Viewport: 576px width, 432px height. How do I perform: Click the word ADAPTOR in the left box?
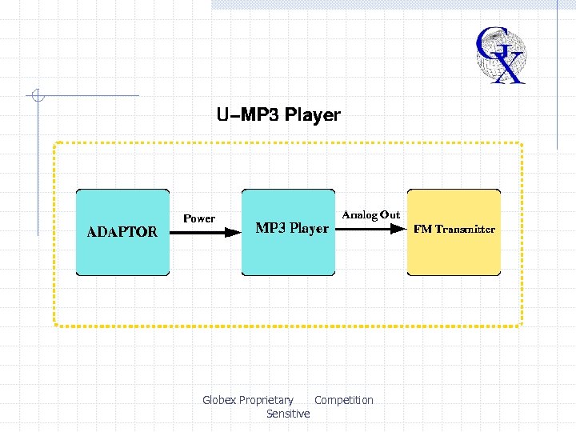click(x=122, y=233)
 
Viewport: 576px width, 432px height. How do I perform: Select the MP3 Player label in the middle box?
click(x=291, y=229)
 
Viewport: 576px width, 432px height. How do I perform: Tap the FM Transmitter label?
click(x=454, y=230)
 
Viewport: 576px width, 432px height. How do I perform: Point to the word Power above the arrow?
click(x=199, y=218)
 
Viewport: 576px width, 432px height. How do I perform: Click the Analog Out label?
click(x=370, y=215)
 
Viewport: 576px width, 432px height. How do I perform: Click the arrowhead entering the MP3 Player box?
click(x=232, y=233)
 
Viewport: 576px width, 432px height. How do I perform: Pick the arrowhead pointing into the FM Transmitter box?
click(x=398, y=230)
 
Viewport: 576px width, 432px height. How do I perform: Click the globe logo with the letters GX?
click(x=501, y=54)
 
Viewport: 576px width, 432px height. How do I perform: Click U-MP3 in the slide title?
click(x=243, y=115)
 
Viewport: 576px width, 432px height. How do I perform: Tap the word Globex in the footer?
click(x=219, y=400)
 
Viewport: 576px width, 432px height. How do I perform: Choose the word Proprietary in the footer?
click(x=266, y=400)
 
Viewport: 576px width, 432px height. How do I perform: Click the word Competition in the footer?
click(x=344, y=400)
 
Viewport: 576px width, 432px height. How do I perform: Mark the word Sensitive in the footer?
click(x=288, y=414)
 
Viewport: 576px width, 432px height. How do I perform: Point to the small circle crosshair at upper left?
click(x=37, y=96)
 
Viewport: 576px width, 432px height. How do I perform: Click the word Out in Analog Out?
click(x=390, y=215)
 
